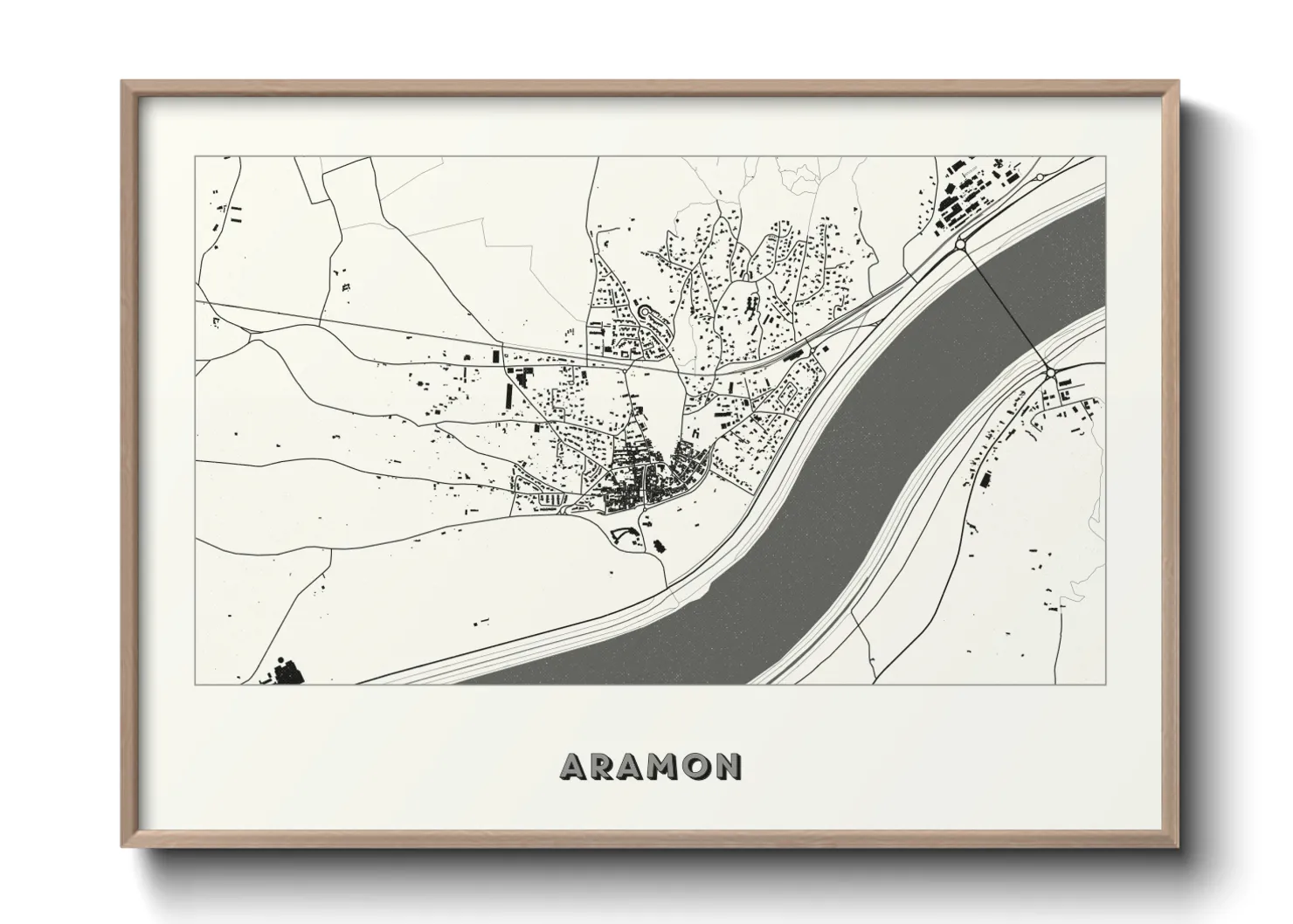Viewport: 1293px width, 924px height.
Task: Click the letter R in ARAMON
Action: (x=605, y=766)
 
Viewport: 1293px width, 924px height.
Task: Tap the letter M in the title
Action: (x=667, y=766)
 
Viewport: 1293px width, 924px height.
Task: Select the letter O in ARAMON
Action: (x=701, y=766)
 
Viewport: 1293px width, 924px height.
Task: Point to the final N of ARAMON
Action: (x=729, y=766)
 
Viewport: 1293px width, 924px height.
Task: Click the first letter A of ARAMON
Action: (x=573, y=766)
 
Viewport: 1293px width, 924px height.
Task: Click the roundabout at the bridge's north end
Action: (x=960, y=245)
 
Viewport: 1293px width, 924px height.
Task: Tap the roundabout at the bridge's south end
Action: (x=1050, y=373)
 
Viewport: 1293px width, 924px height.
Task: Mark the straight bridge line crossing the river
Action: (x=1005, y=309)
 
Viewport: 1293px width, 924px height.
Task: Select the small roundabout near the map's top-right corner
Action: (x=1040, y=177)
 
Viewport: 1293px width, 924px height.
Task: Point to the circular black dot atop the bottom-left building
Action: (x=281, y=657)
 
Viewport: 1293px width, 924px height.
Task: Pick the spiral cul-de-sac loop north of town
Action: (x=646, y=313)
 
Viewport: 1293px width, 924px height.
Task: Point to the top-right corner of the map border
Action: (x=1105, y=157)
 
